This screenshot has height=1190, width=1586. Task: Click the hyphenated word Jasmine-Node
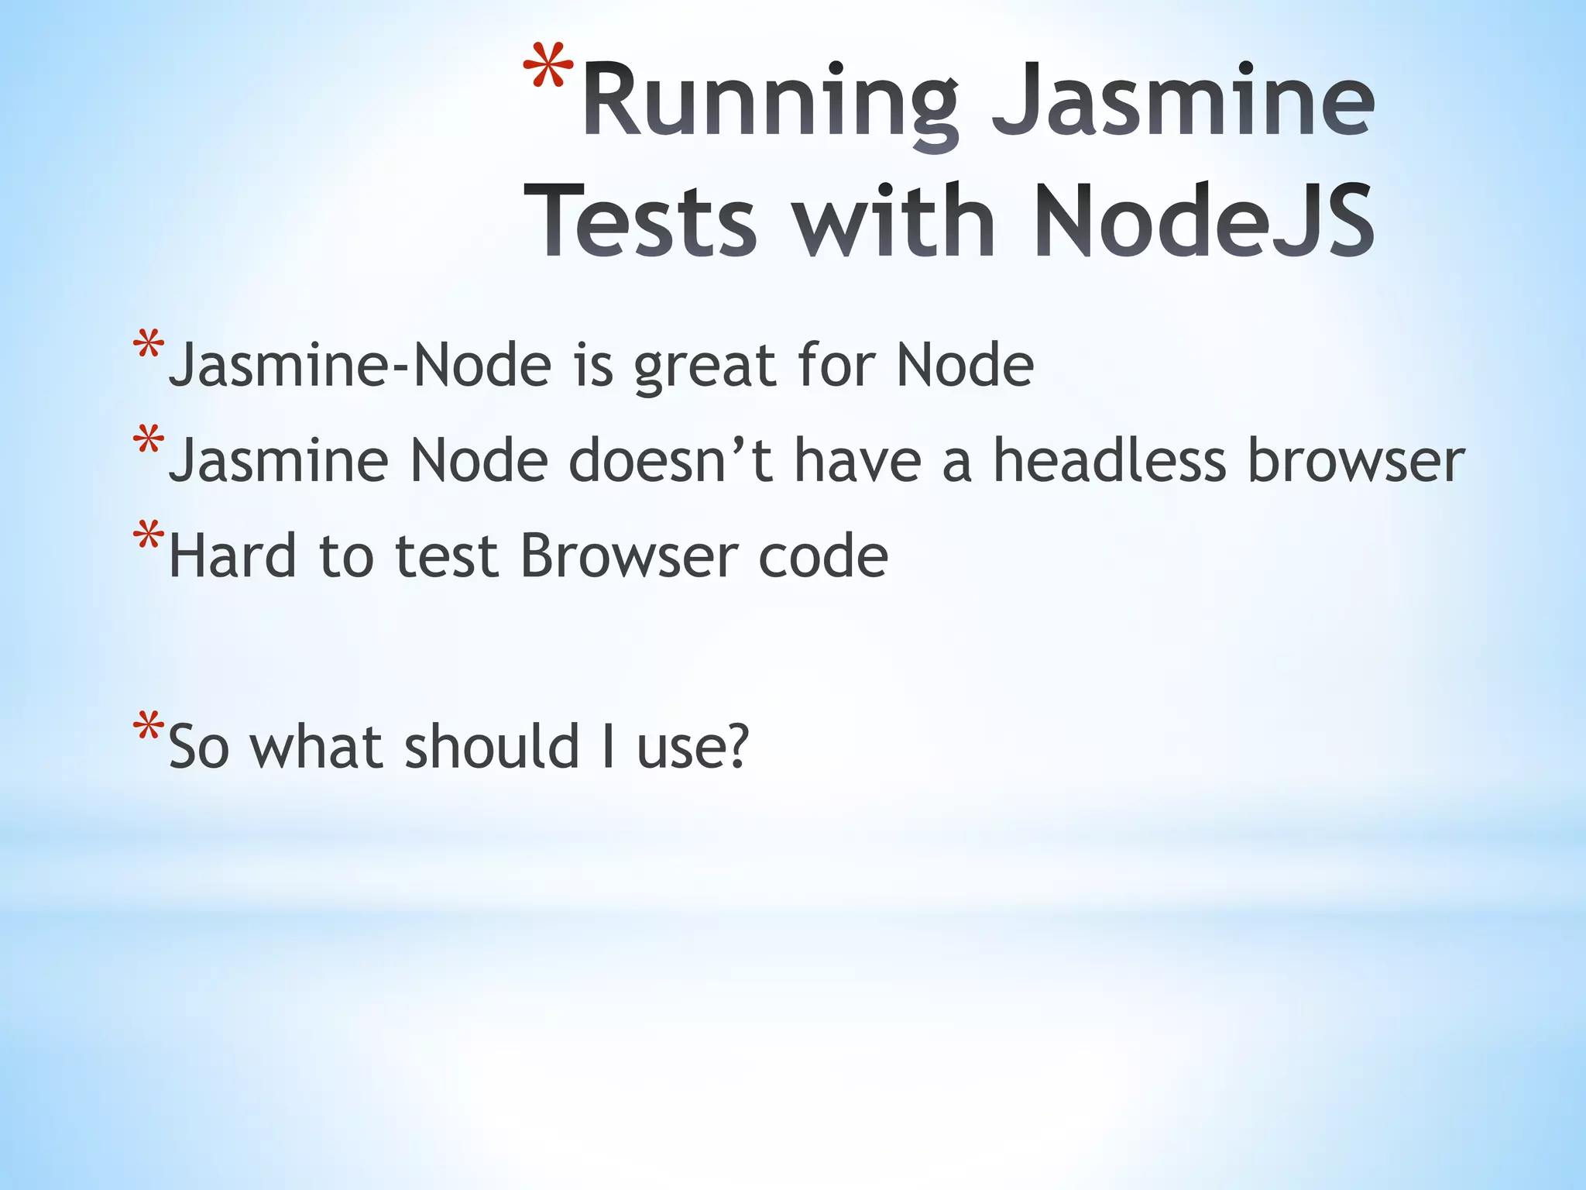pyautogui.click(x=360, y=365)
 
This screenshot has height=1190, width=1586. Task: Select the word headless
pyautogui.click(x=1110, y=460)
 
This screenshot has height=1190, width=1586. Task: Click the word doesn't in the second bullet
pyautogui.click(x=671, y=460)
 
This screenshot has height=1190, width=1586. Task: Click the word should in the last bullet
pyautogui.click(x=493, y=745)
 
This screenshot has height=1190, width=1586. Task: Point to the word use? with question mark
pyautogui.click(x=693, y=747)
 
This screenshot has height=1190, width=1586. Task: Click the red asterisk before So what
pyautogui.click(x=148, y=728)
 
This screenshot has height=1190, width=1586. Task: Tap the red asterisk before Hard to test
pyautogui.click(x=148, y=538)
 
